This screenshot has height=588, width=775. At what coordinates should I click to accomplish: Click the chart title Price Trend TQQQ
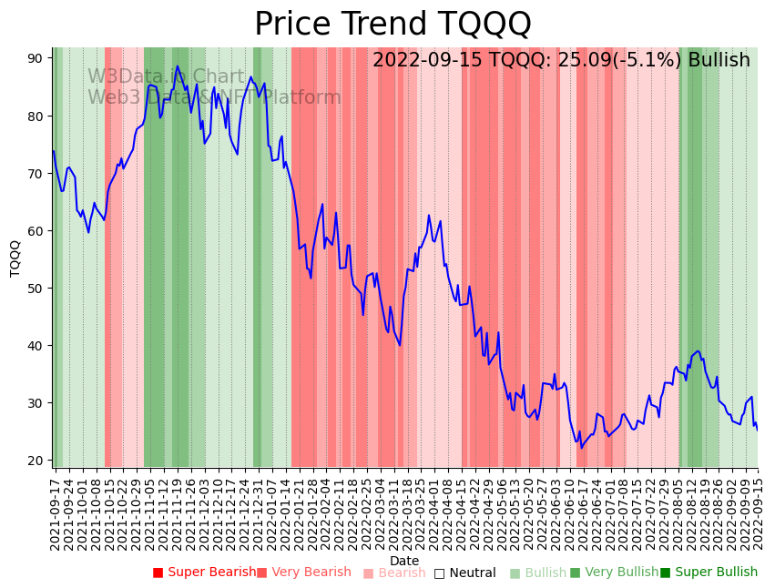pos(393,24)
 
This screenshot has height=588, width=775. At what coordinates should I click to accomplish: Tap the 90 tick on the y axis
pos(36,58)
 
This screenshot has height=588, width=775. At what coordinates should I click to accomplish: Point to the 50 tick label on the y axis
pos(36,289)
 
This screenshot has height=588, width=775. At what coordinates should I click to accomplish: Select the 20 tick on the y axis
pos(36,461)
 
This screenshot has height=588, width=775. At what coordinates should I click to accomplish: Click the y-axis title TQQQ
pos(15,258)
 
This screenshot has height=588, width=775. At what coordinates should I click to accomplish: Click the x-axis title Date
pos(404,561)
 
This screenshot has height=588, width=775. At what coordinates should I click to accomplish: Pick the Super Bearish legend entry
pos(205,573)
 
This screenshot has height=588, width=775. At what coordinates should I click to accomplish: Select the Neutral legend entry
pos(465,573)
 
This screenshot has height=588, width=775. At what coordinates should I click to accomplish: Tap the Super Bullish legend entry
pos(709,573)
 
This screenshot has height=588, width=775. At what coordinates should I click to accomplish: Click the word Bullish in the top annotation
pos(719,61)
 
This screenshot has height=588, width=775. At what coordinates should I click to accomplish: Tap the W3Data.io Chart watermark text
pos(166,76)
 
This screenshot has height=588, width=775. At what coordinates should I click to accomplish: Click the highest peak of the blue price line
pos(178,66)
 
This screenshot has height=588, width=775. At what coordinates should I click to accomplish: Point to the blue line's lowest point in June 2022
pos(581,448)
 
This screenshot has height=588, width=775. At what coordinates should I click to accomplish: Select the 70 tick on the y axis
pos(36,174)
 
